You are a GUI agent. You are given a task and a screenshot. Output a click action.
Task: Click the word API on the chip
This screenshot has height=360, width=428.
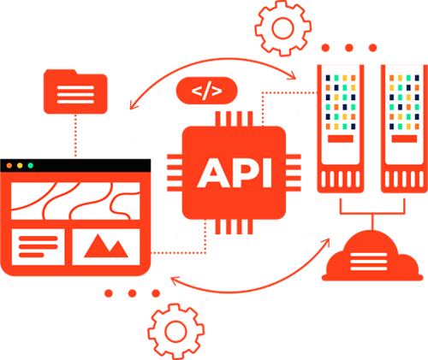(x=235, y=173)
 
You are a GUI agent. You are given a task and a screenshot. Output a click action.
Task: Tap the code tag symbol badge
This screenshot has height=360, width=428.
(x=207, y=91)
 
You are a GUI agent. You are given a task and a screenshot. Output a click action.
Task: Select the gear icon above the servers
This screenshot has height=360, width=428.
(x=282, y=28)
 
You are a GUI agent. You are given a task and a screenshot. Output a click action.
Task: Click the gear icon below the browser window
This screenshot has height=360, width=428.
(x=175, y=331)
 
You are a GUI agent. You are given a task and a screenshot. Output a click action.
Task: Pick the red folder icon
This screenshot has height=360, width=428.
(x=75, y=91)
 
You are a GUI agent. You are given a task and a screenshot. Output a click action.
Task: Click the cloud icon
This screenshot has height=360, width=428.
(x=372, y=256)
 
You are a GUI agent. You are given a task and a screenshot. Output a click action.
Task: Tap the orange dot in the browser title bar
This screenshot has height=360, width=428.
(x=9, y=166)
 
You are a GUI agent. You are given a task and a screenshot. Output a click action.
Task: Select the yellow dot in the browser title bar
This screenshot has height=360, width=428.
(x=20, y=166)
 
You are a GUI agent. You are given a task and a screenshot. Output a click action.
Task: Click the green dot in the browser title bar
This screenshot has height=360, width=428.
(x=30, y=166)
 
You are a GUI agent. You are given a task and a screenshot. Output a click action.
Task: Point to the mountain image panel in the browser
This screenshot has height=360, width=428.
(x=106, y=247)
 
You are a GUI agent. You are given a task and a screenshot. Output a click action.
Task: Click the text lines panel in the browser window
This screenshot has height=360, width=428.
(x=38, y=247)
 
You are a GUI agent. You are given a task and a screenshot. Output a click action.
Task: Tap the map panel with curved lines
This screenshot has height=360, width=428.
(x=75, y=201)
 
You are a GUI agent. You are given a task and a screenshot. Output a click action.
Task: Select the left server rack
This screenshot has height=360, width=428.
(x=341, y=129)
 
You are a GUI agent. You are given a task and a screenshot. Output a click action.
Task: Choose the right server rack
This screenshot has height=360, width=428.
(x=404, y=129)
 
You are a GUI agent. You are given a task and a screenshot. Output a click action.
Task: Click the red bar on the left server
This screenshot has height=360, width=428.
(x=341, y=139)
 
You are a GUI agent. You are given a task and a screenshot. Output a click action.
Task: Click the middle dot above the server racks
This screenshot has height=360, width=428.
(x=349, y=48)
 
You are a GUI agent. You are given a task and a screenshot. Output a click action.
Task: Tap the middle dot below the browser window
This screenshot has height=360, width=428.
(x=132, y=293)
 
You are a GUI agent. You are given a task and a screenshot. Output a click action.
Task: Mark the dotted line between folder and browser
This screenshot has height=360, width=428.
(x=75, y=136)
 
